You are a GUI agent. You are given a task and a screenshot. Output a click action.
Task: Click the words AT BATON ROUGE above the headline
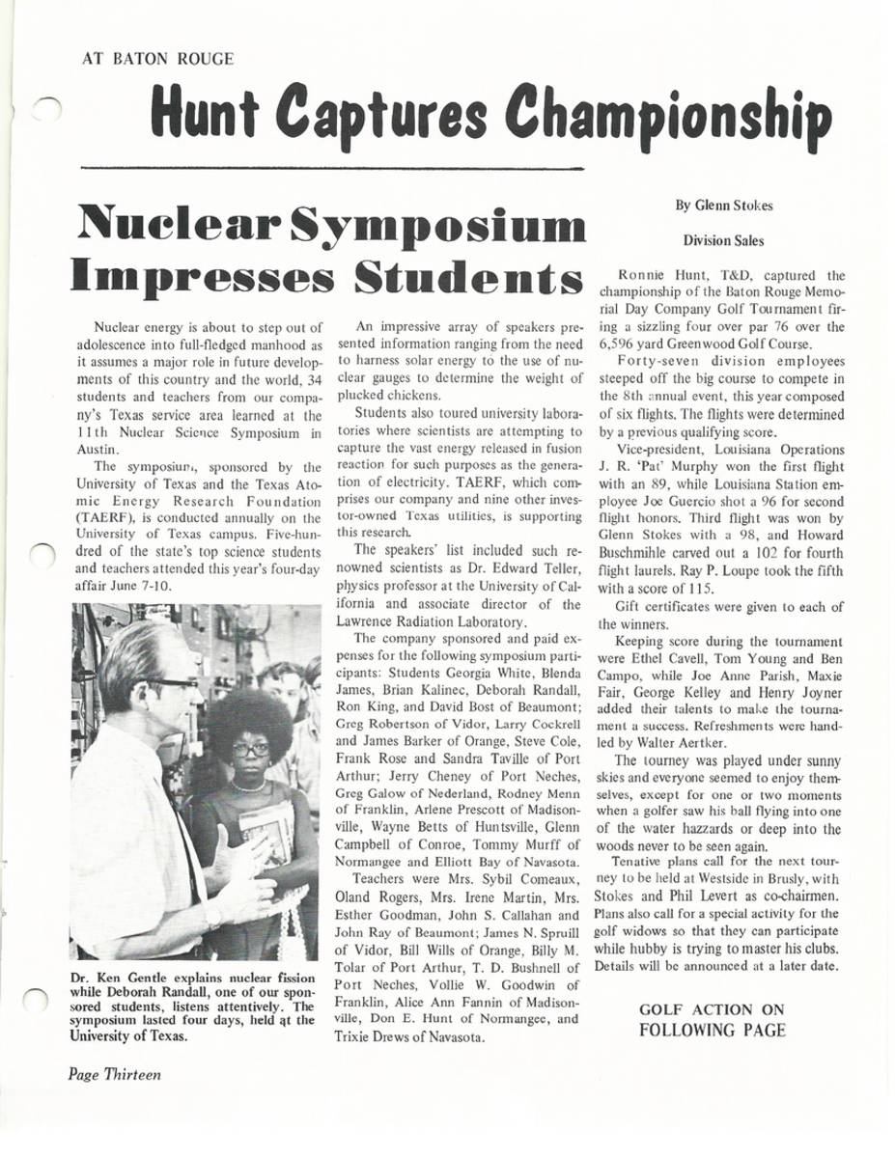[x=158, y=59]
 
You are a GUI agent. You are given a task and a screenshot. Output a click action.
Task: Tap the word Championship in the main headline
[x=670, y=114]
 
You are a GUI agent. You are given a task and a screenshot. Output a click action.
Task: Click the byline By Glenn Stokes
[x=723, y=205]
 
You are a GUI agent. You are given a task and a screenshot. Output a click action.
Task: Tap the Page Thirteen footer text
[x=114, y=1074]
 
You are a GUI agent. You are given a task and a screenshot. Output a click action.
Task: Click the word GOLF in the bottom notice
[x=665, y=1009]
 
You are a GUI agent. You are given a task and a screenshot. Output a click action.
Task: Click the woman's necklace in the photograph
[x=250, y=785]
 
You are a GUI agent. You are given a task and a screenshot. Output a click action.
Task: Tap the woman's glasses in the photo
[x=251, y=748]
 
